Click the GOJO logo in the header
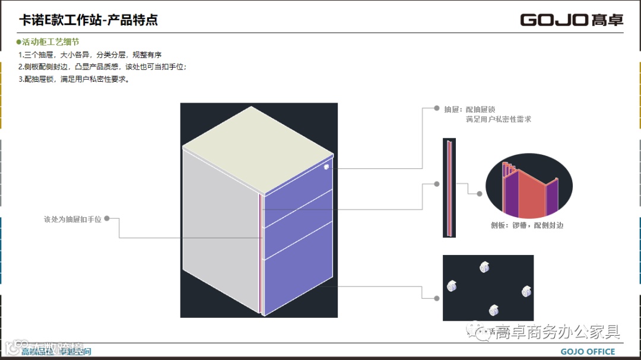coord(572,20)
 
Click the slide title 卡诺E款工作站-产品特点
coord(88,21)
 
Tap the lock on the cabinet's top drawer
coord(326,167)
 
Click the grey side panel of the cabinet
coord(220,232)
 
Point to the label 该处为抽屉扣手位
coord(72,219)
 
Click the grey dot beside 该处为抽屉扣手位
coord(107,218)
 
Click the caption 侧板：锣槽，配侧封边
coord(527,225)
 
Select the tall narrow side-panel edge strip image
coord(449,188)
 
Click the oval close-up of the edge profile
coord(529,188)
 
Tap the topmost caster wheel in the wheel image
coord(484,267)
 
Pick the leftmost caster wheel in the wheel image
coord(452,286)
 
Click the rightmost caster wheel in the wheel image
coord(526,291)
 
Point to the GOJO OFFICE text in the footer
coord(588,352)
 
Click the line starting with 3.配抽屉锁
coord(74,79)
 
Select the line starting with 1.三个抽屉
coord(81,55)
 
